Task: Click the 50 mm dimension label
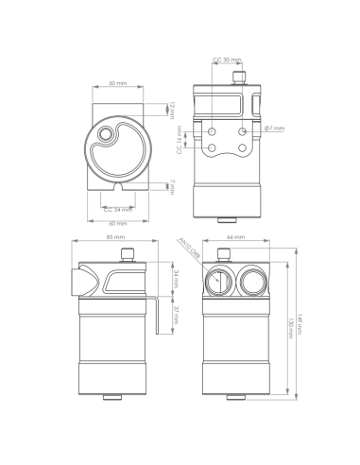point(118,83)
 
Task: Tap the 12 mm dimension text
point(173,111)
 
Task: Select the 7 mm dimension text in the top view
point(173,186)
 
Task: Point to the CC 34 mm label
point(118,209)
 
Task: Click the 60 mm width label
point(118,223)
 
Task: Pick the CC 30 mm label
point(227,60)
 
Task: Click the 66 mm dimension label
point(236,237)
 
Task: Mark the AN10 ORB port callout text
point(189,250)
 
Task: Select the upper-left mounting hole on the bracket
point(213,129)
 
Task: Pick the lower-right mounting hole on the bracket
point(243,149)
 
